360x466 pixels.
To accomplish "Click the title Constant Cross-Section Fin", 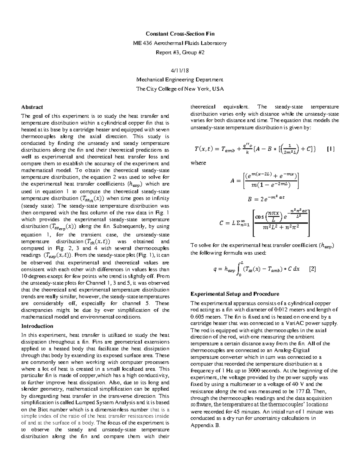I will point(180,34).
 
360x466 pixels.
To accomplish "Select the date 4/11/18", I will point(180,71).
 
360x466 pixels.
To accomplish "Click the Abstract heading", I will point(32,107).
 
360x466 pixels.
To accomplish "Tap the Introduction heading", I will point(37,326).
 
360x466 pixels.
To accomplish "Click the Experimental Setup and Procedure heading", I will point(235,294).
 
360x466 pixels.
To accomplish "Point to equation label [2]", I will point(312,269).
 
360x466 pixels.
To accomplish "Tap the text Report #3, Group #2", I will point(180,53).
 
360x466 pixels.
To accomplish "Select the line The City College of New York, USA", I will point(180,89).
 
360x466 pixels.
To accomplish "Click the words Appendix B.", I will point(205,425).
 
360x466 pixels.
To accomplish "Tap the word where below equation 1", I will point(198,163).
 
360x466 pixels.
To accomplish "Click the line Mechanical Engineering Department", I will point(180,80).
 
